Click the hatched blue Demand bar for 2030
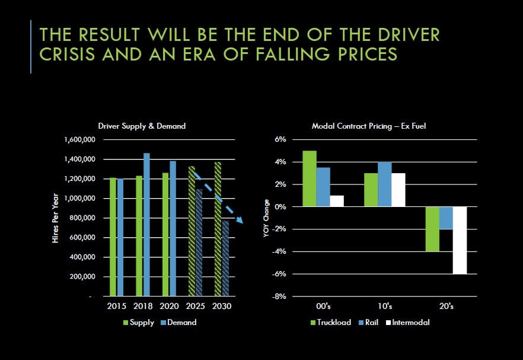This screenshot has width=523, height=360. coord(225,258)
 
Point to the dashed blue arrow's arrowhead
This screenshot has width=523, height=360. coord(240,221)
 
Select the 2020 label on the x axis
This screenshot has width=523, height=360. coord(169,307)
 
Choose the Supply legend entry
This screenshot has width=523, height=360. coord(138,323)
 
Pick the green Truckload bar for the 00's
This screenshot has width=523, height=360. coord(310,179)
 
